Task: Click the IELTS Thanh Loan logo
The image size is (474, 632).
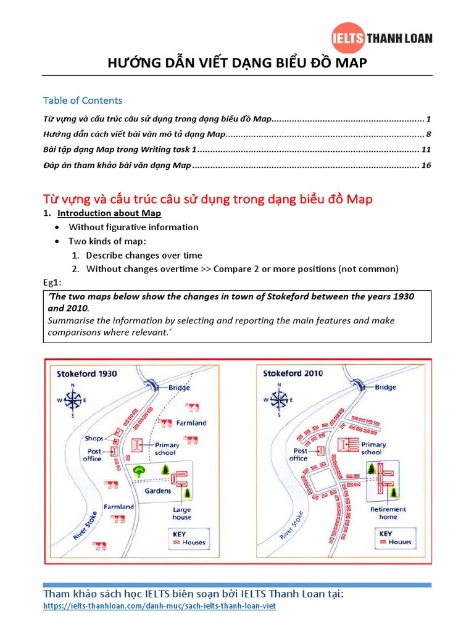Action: pyautogui.click(x=381, y=38)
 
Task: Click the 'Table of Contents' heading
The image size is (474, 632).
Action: pyautogui.click(x=83, y=101)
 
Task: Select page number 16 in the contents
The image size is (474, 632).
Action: pyautogui.click(x=426, y=165)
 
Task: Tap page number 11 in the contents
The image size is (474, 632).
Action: pyautogui.click(x=426, y=149)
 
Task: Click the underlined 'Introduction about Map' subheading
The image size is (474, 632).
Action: pyautogui.click(x=109, y=213)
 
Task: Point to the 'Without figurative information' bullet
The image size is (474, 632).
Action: pyautogui.click(x=133, y=227)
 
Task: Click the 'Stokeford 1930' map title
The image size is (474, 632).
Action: pyautogui.click(x=87, y=373)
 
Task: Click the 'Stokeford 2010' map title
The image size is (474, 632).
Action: pyautogui.click(x=293, y=373)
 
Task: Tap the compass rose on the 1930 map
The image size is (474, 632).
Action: pyautogui.click(x=73, y=400)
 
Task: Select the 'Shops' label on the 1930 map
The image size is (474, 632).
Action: pyautogui.click(x=94, y=438)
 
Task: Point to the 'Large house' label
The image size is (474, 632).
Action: pyautogui.click(x=181, y=513)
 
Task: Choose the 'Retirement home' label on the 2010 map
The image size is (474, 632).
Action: pyautogui.click(x=388, y=513)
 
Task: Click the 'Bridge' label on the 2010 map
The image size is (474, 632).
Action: pyautogui.click(x=386, y=388)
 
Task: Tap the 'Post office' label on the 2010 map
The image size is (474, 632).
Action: pyautogui.click(x=298, y=455)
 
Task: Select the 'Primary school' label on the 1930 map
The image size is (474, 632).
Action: pyautogui.click(x=167, y=449)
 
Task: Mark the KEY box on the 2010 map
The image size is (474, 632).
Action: pyautogui.click(x=395, y=538)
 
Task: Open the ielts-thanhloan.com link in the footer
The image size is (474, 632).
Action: pyautogui.click(x=159, y=607)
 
